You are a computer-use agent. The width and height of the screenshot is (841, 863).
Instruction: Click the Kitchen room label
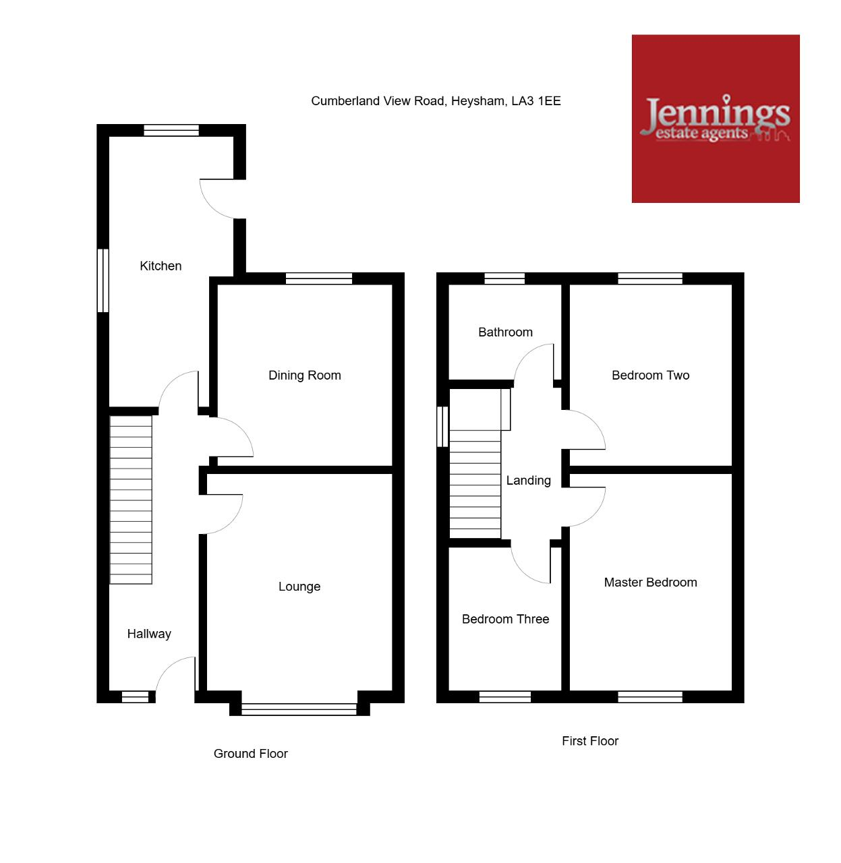[x=161, y=266]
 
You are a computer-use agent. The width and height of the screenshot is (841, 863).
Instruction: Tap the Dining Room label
[x=305, y=376]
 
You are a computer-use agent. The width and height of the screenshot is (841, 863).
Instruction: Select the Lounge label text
[x=299, y=587]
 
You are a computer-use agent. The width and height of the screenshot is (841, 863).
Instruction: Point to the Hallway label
[x=149, y=634]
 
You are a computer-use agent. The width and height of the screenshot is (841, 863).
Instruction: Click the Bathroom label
[x=505, y=332]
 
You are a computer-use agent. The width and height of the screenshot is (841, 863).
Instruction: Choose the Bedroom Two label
[x=650, y=376]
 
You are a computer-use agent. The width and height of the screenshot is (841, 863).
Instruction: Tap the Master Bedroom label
[x=650, y=583]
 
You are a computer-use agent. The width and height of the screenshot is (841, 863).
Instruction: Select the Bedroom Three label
[x=505, y=620]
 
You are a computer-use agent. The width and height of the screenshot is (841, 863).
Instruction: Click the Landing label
[x=528, y=481]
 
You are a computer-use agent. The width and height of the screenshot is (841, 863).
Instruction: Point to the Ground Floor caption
[x=251, y=754]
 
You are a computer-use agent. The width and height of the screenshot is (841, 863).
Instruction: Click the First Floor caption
[x=590, y=741]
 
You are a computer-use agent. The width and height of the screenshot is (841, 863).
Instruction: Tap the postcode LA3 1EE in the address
[x=536, y=101]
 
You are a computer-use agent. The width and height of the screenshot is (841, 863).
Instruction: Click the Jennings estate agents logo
[x=716, y=119]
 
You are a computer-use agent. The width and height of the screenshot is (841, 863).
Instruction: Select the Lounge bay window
[x=299, y=709]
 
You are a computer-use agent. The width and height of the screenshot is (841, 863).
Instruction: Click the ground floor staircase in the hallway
[x=131, y=500]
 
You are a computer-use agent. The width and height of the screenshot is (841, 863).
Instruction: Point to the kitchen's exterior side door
[x=217, y=199]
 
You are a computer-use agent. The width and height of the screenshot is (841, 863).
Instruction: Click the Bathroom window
[x=504, y=278]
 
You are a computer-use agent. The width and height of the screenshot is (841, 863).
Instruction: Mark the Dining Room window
[x=319, y=278]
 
